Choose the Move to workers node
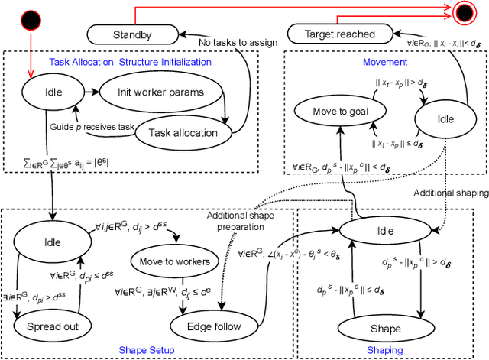[x=173, y=262]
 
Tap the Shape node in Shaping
[x=384, y=329]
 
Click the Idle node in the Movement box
[x=445, y=118]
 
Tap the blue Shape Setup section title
[x=147, y=350]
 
